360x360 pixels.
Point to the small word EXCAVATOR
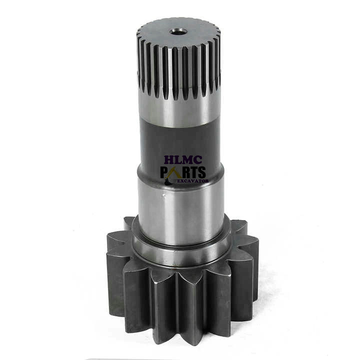190,180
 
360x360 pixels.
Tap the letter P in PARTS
164,173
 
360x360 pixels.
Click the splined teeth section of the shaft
177,65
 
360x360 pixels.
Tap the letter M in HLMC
184,161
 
